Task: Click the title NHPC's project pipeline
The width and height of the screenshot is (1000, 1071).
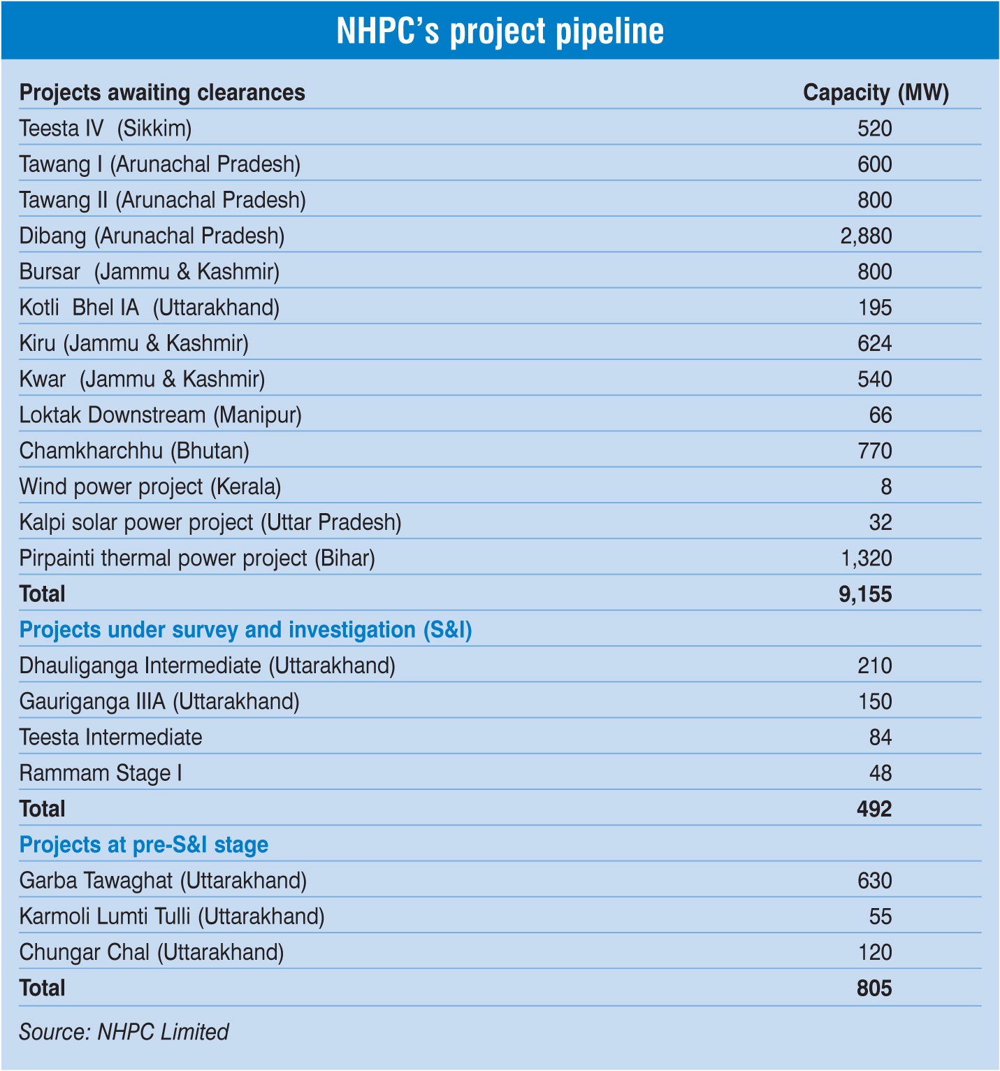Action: (x=500, y=31)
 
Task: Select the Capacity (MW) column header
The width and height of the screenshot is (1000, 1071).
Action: (x=876, y=92)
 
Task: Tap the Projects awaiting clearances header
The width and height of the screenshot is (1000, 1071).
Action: (x=162, y=92)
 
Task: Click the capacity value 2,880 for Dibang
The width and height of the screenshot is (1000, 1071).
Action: (x=866, y=236)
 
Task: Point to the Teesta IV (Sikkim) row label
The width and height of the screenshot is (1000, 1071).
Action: (x=106, y=129)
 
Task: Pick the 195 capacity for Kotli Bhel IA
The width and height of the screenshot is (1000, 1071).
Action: (x=875, y=308)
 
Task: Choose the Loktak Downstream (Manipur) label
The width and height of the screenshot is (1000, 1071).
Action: (x=160, y=415)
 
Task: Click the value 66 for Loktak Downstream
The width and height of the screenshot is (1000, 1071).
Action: (x=881, y=415)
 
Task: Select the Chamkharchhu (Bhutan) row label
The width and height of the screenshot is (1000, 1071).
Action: (x=134, y=451)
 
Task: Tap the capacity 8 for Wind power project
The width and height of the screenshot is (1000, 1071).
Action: (x=886, y=487)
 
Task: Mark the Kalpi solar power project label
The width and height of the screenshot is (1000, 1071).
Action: (x=210, y=522)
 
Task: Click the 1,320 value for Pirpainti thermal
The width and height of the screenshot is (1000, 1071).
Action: (x=866, y=558)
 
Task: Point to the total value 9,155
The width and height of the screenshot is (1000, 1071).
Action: (x=865, y=594)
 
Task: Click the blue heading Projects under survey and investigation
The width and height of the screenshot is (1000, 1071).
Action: (x=245, y=630)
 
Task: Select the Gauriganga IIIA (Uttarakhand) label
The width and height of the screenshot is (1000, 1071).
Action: (x=159, y=701)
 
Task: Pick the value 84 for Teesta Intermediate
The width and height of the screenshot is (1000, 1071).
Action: (x=881, y=738)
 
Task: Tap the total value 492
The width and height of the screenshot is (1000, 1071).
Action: (x=874, y=809)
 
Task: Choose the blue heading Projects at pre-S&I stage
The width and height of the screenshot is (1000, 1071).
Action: (x=144, y=844)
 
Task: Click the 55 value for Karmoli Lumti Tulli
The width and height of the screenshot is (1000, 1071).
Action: (x=881, y=917)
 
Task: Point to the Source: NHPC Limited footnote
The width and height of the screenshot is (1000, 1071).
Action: (x=124, y=1032)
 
